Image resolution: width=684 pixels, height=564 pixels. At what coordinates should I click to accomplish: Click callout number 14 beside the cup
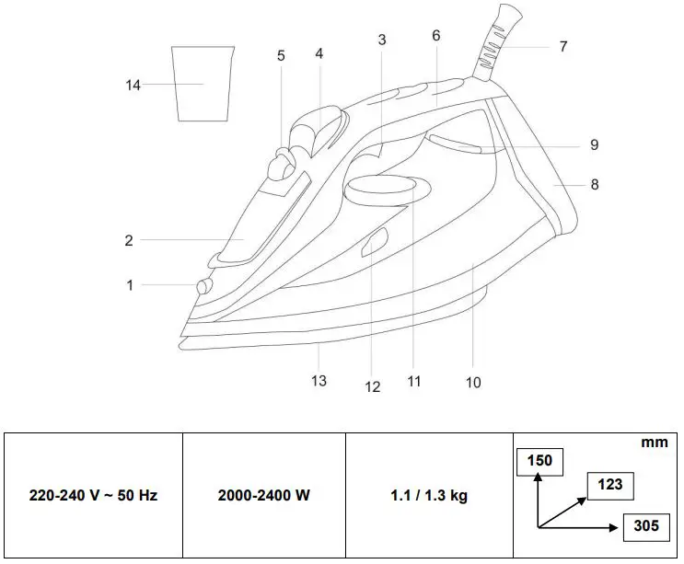click(133, 86)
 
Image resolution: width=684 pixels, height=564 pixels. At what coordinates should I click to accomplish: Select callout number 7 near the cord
click(562, 46)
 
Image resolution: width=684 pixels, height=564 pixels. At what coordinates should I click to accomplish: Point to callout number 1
click(130, 285)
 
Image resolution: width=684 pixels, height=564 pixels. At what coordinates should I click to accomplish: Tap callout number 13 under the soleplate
click(319, 380)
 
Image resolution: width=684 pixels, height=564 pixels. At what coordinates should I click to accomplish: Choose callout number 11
click(414, 380)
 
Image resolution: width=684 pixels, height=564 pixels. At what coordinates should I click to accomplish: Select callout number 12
click(373, 387)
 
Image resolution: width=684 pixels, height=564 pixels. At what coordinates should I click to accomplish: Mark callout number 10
click(472, 382)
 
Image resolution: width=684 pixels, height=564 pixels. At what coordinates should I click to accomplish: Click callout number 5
click(281, 56)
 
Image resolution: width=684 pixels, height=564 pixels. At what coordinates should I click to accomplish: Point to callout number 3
click(382, 40)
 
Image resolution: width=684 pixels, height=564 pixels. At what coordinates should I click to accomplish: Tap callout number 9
click(594, 144)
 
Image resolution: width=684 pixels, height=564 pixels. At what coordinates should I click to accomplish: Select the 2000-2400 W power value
click(263, 496)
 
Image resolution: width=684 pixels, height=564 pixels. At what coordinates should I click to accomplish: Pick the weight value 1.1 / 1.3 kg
click(428, 496)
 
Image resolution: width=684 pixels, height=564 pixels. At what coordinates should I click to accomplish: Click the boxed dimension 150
click(539, 460)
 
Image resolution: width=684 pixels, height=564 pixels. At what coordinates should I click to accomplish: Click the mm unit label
click(654, 443)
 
